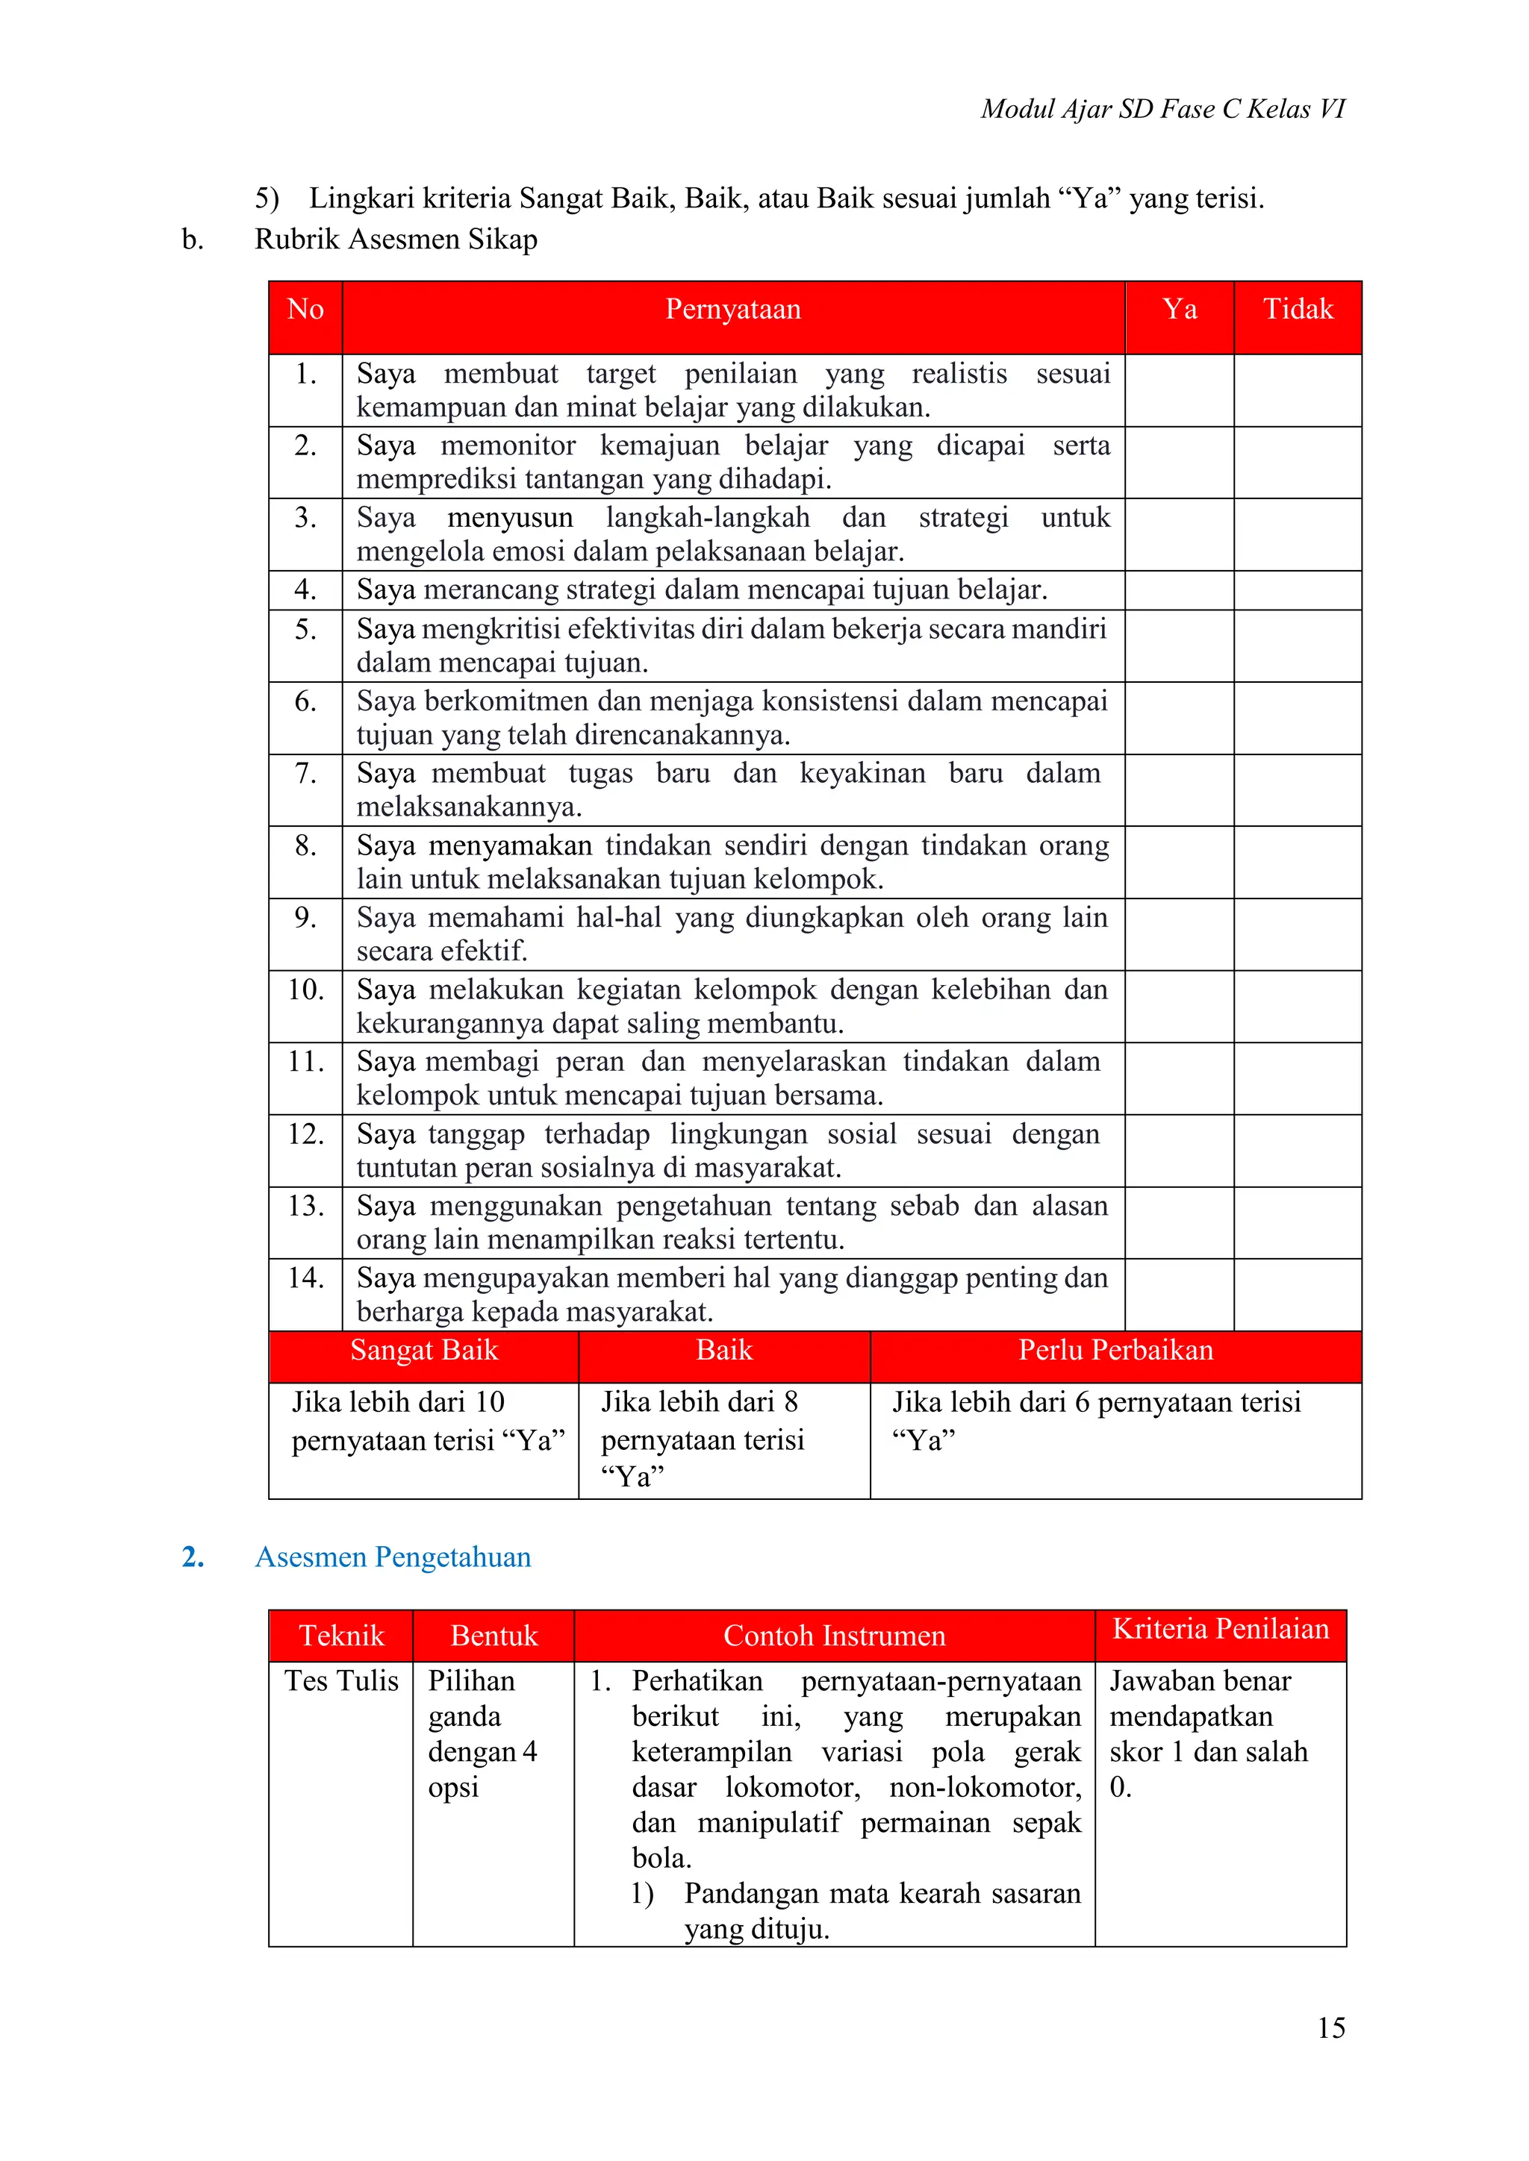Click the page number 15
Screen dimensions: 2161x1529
click(x=1330, y=2027)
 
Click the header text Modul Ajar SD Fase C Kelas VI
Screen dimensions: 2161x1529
click(x=1162, y=109)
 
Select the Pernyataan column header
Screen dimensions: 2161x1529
click(x=732, y=310)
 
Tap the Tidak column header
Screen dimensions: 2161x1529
click(x=1298, y=310)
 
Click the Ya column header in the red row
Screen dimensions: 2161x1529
click(x=1179, y=310)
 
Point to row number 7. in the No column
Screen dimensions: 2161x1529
click(x=305, y=773)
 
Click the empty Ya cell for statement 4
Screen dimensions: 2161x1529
click(x=1179, y=590)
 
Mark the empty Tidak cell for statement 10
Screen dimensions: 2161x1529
click(x=1298, y=1006)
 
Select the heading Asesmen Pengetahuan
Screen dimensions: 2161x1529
click(x=393, y=1557)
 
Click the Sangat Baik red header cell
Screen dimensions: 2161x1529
click(x=423, y=1351)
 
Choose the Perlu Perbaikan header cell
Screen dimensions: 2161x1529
click(x=1115, y=1351)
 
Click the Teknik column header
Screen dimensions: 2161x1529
click(x=341, y=1636)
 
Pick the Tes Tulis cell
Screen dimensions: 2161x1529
click(x=341, y=1681)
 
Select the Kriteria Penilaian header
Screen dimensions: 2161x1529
click(x=1220, y=1629)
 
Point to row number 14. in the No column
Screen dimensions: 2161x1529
click(x=305, y=1278)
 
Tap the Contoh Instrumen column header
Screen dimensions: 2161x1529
click(x=834, y=1636)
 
